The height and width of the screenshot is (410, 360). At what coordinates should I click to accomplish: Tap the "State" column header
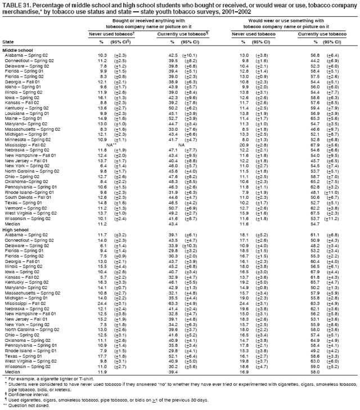click(x=8, y=42)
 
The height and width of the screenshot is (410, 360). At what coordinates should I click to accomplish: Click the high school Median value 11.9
click(x=102, y=373)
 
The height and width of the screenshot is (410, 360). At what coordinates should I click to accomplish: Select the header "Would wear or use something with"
click(x=280, y=20)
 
